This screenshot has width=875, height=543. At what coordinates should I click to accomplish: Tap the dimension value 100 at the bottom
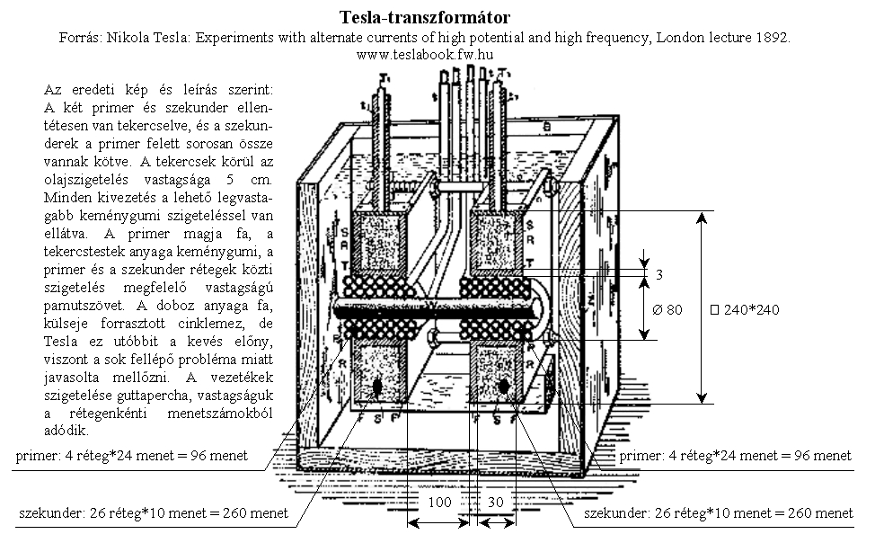pos(439,503)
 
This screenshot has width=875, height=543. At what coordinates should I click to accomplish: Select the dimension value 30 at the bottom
pos(496,503)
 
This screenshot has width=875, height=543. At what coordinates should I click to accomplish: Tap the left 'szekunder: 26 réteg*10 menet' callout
pos(154,513)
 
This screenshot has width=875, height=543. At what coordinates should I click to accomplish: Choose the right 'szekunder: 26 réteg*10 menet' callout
pos(718,513)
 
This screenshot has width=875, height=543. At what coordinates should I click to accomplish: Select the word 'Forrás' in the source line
pos(77,38)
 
